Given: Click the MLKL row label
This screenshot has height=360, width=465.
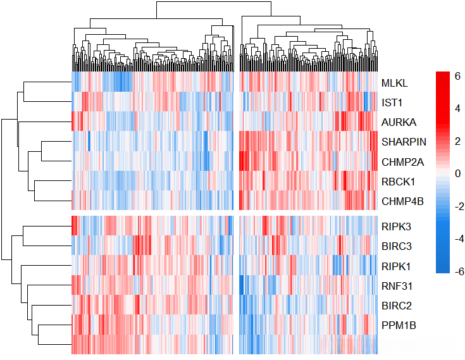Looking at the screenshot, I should tap(394, 82).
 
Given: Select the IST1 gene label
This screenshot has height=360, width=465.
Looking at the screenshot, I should tap(392, 102).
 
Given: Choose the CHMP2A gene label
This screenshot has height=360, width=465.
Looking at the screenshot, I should tap(402, 161).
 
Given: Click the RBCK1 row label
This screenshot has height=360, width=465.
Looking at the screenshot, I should tap(398, 182).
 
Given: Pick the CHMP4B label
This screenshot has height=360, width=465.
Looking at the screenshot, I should tap(402, 201).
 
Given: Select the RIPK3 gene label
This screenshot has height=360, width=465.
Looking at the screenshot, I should tap(396, 225).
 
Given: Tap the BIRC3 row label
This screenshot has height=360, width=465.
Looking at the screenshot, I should tap(397, 245).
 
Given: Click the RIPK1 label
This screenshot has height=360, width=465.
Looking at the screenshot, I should tap(396, 265).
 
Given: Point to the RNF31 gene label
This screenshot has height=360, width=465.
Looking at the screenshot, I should tap(396, 285).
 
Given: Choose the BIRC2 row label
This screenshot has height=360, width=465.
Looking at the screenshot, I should tap(397, 306).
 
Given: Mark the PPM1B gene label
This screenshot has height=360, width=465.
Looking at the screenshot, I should tap(398, 325).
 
